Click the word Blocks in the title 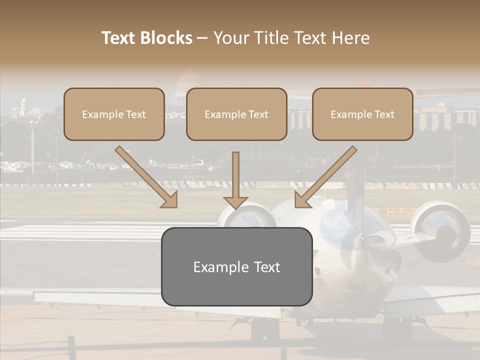coord(167,38)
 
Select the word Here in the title coord(352,38)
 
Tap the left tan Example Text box coord(114,114)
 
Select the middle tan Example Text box coord(236,114)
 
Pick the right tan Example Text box coord(362,114)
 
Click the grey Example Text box coord(236,266)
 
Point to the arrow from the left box coord(146,177)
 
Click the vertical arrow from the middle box coord(235,180)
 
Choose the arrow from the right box coord(325,177)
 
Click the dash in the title coord(203,38)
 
